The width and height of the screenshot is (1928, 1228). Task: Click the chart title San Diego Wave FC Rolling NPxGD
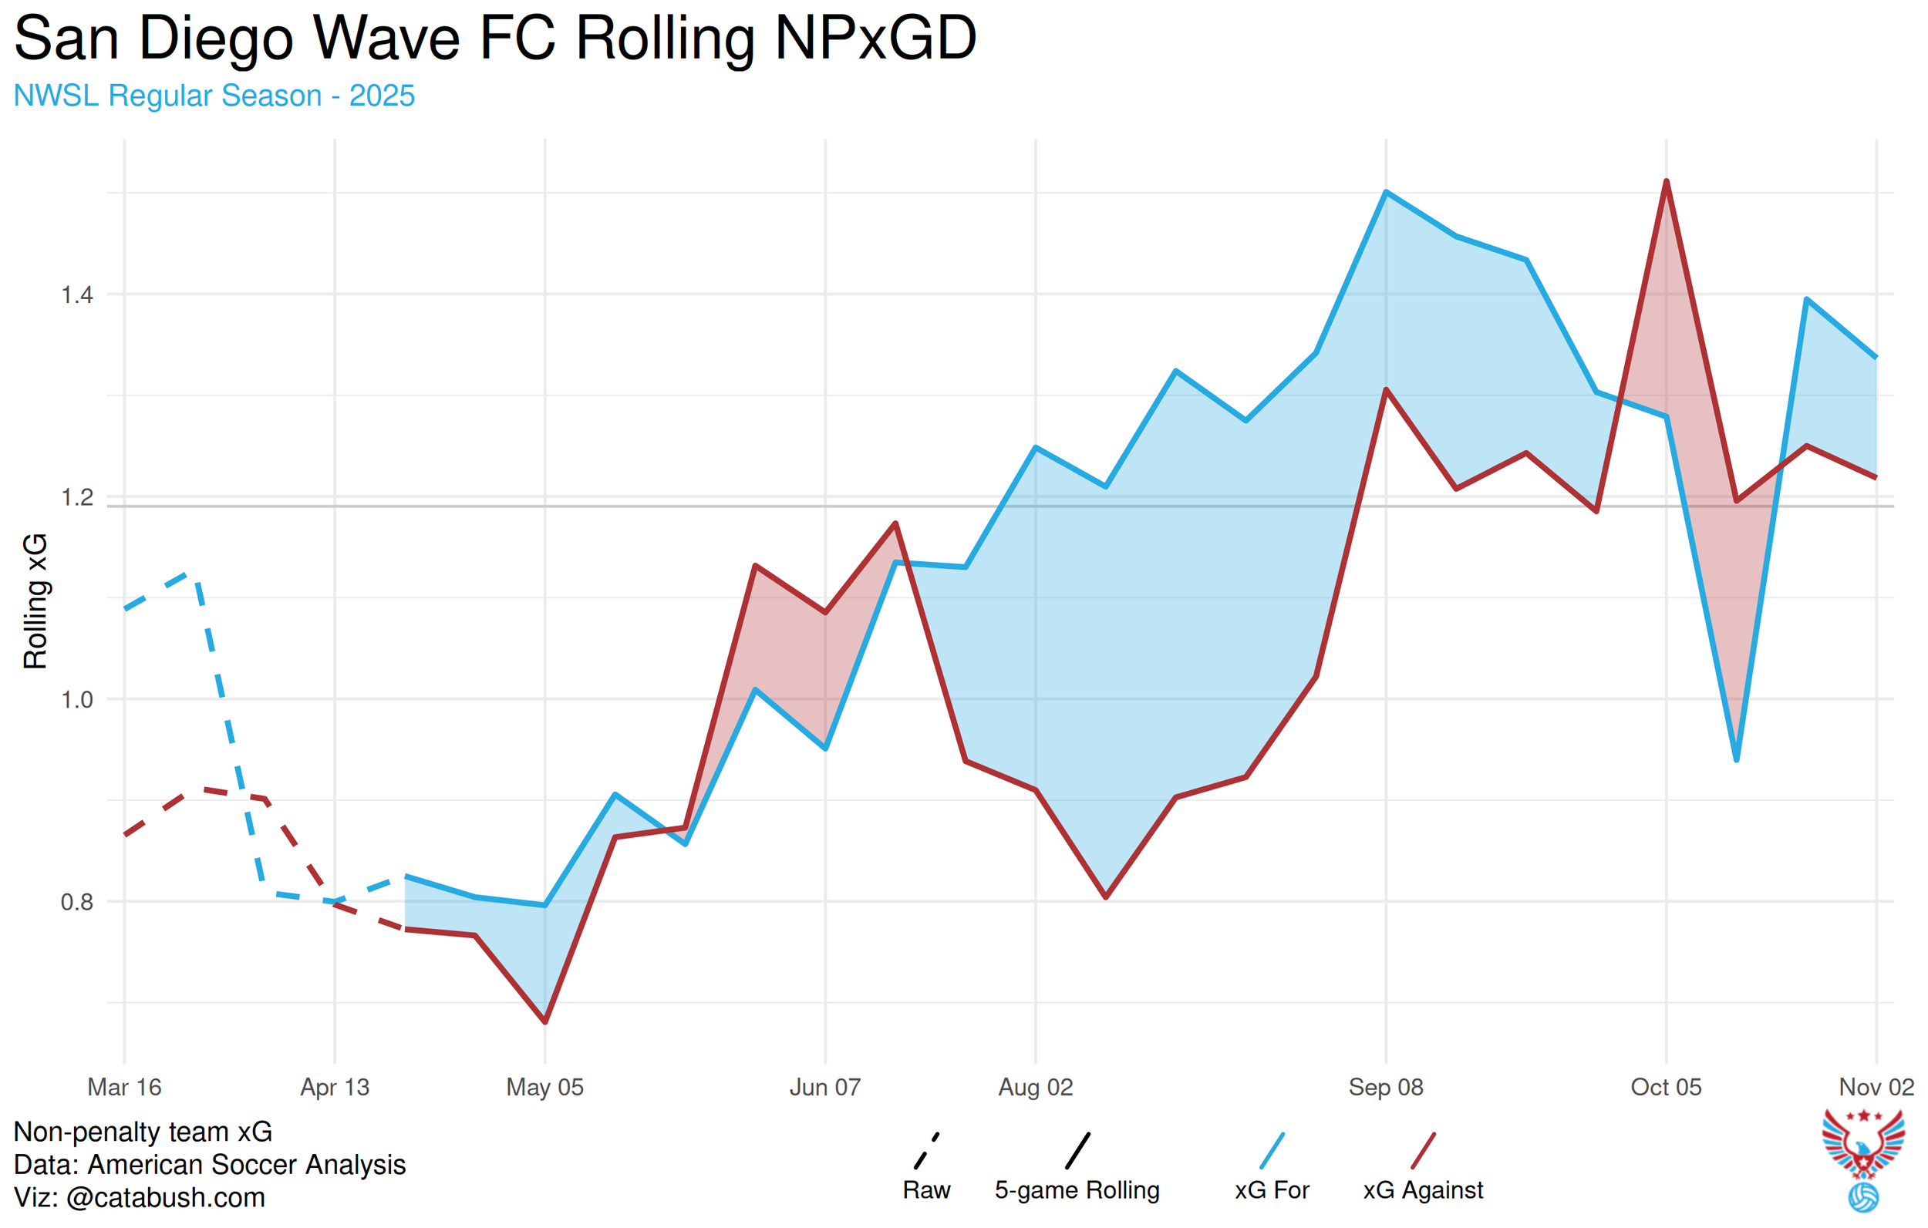pos(495,39)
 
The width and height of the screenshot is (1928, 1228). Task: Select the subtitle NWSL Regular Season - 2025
pos(214,96)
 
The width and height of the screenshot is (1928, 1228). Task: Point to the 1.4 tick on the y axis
pos(77,294)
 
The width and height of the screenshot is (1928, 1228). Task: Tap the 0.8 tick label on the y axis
pos(77,902)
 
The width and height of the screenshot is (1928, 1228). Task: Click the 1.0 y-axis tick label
pos(77,700)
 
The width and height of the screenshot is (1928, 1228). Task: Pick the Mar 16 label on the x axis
pos(124,1087)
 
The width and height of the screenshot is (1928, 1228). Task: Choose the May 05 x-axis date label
pos(544,1087)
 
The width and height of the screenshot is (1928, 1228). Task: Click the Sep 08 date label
pos(1385,1087)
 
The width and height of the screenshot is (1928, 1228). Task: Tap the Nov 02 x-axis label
pos(1875,1087)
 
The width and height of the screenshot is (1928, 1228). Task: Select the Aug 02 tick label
pos(1035,1087)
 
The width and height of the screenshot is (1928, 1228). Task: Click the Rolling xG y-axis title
pos(35,601)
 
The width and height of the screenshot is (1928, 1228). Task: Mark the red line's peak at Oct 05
pos(1667,182)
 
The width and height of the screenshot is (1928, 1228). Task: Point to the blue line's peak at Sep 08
pos(1386,192)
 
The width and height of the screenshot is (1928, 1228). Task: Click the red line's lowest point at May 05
pos(545,1022)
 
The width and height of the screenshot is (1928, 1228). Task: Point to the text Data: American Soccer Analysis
pos(210,1165)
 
